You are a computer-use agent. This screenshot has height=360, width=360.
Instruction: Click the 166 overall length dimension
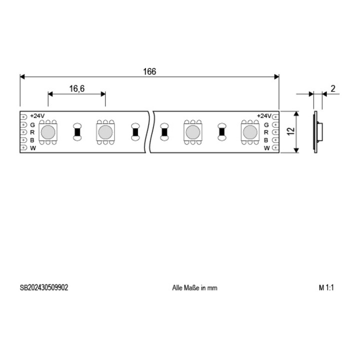pos(149,71)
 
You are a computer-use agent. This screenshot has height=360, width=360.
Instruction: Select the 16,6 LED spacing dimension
pos(77,88)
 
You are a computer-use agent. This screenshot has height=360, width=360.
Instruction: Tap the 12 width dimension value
pos(291,131)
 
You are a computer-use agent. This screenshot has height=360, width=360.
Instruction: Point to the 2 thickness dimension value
pos(333,88)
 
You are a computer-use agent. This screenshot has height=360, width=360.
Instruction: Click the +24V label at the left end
pos(37,115)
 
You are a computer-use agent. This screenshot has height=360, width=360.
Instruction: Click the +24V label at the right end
pos(264,116)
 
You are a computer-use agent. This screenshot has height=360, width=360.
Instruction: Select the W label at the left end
pos(33,148)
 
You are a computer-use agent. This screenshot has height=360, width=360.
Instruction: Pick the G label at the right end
pos(266,125)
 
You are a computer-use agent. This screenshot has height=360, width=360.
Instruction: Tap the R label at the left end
pos(32,132)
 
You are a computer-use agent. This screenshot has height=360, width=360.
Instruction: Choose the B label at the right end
pos(266,140)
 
